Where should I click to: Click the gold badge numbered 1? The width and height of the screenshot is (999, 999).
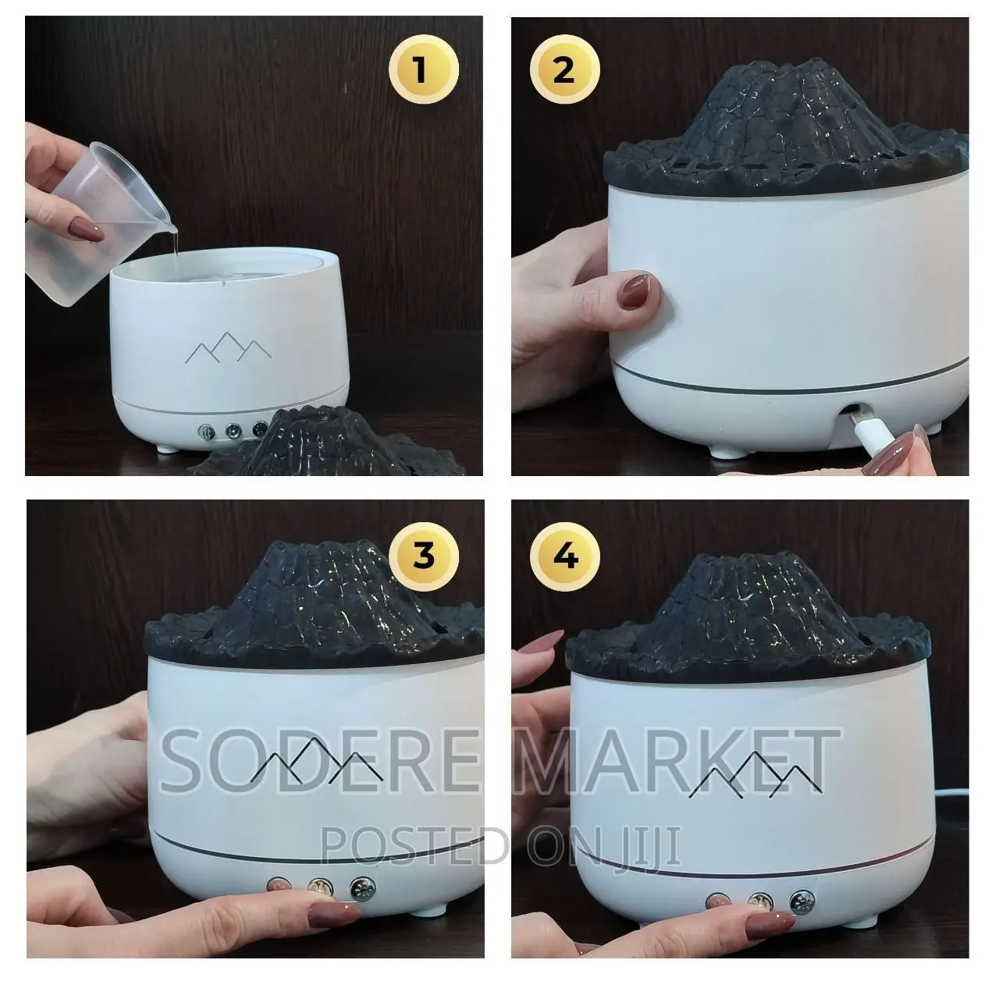click(x=424, y=69)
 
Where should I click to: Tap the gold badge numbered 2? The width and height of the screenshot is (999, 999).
click(x=564, y=69)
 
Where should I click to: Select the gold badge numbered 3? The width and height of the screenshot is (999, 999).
click(x=424, y=557)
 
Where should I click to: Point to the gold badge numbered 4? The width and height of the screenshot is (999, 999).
click(x=564, y=557)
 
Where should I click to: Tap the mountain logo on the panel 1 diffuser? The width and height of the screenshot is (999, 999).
click(x=229, y=347)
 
